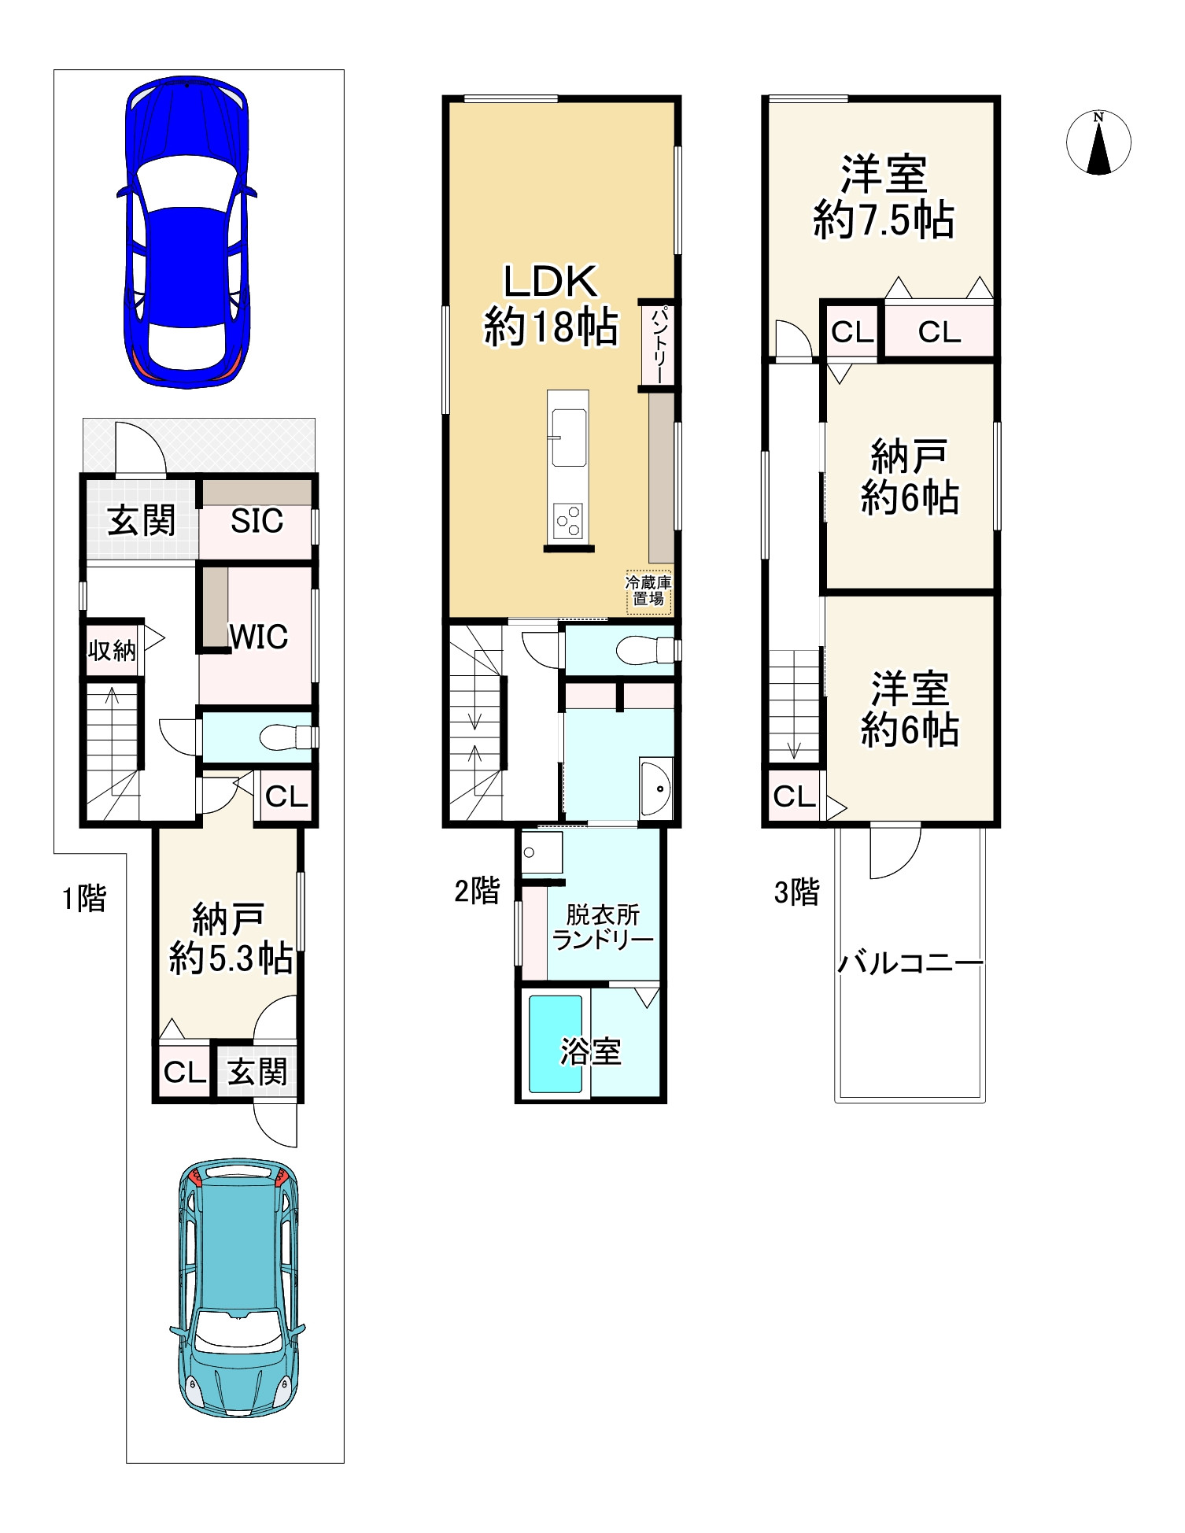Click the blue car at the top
pos(186,232)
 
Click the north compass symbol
pos(1098,143)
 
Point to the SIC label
pos(257,521)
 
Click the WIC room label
pos(258,636)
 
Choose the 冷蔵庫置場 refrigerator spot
pos(648,591)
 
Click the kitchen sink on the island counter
pos(569,438)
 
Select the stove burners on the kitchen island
pos(569,520)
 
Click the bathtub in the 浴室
pos(556,1044)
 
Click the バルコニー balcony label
pos(910,963)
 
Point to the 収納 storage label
pos(112,650)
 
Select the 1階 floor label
pos(84,898)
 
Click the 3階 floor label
pos(796,892)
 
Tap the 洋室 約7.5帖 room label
pos(884,197)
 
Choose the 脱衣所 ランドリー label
pos(603,927)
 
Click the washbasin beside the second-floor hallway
pos(655,789)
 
